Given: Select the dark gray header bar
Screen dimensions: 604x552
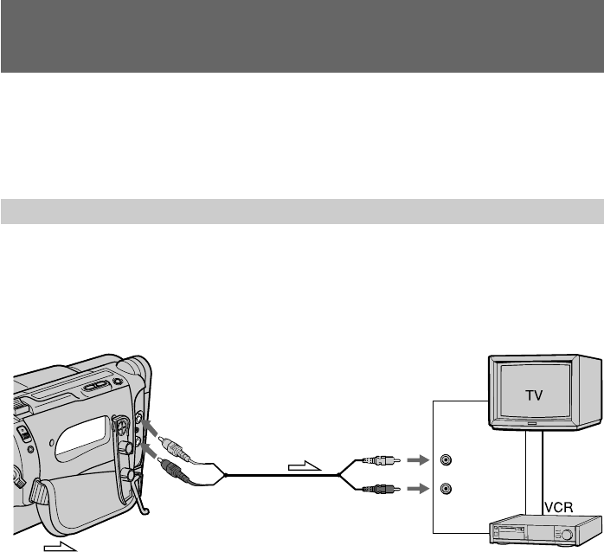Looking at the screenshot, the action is tap(302, 35).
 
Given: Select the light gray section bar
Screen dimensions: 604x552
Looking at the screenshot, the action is tap(302, 210).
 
